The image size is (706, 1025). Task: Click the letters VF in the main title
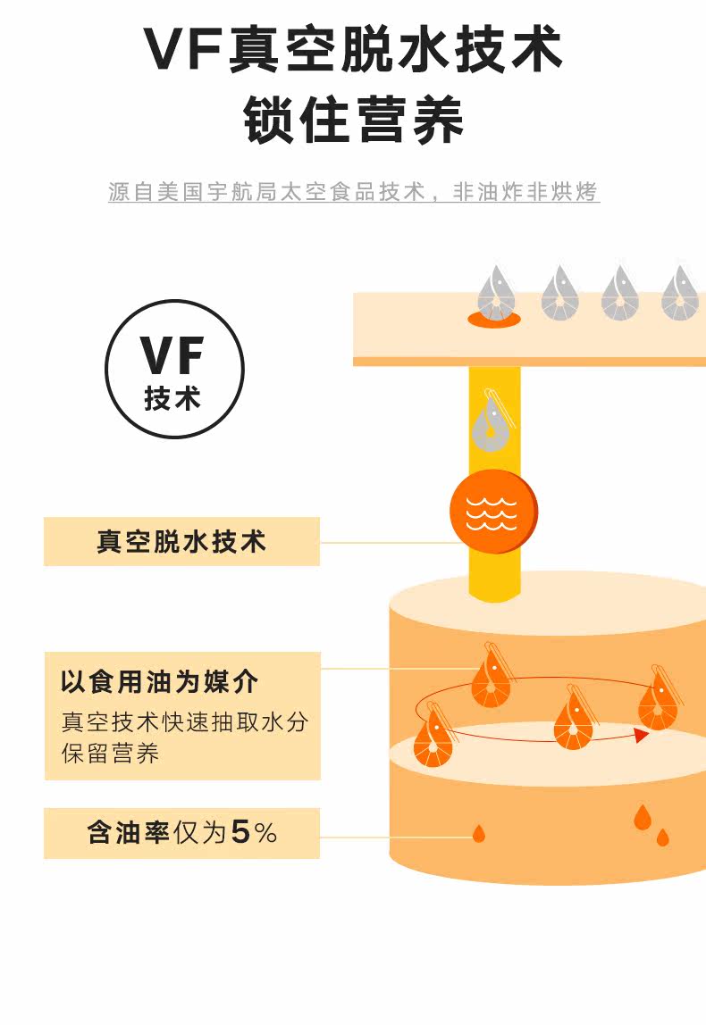point(184,50)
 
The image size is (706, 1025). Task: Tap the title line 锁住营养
point(353,121)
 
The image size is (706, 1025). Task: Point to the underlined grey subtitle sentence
point(353,192)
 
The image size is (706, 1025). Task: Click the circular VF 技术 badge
point(174,369)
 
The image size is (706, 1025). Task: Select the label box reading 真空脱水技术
point(182,542)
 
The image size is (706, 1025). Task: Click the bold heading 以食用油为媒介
point(160,682)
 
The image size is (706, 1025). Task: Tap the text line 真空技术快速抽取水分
point(184,721)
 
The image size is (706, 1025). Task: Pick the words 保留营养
point(110,753)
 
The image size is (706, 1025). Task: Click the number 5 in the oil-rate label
point(240,832)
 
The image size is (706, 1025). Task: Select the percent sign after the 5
point(265,833)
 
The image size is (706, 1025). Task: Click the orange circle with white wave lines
point(493,512)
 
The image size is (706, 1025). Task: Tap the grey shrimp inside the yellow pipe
point(492,421)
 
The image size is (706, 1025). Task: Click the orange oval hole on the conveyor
point(494,319)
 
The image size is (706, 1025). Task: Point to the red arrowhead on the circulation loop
point(642,736)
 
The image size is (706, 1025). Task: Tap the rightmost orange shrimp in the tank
point(659,699)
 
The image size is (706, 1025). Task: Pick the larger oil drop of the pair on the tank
point(643,817)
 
